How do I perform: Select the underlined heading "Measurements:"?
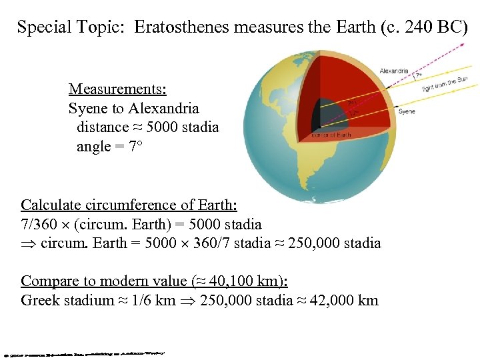click(x=117, y=89)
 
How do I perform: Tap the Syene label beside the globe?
click(x=407, y=111)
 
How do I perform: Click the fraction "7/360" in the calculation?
click(x=39, y=224)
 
